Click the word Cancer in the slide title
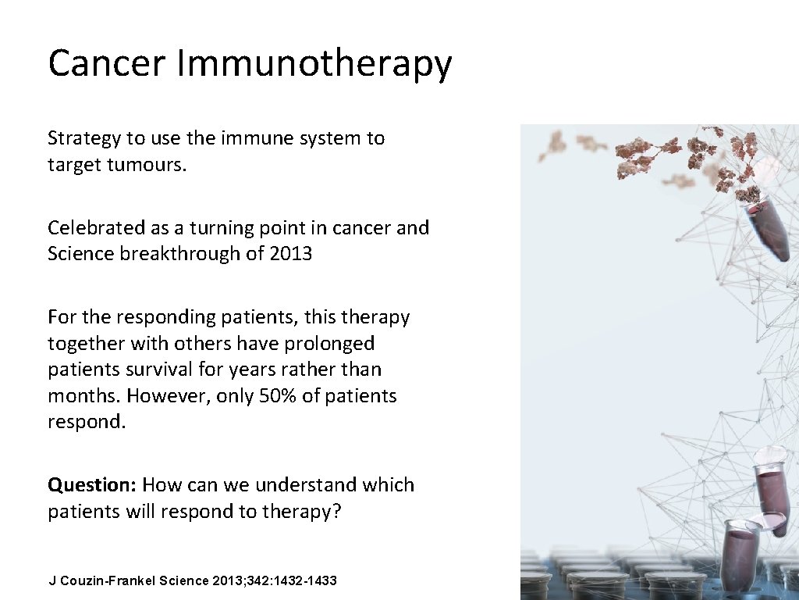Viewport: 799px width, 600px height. (x=107, y=63)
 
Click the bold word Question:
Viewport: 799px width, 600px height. (x=92, y=485)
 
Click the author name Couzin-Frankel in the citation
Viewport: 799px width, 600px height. (x=108, y=581)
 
